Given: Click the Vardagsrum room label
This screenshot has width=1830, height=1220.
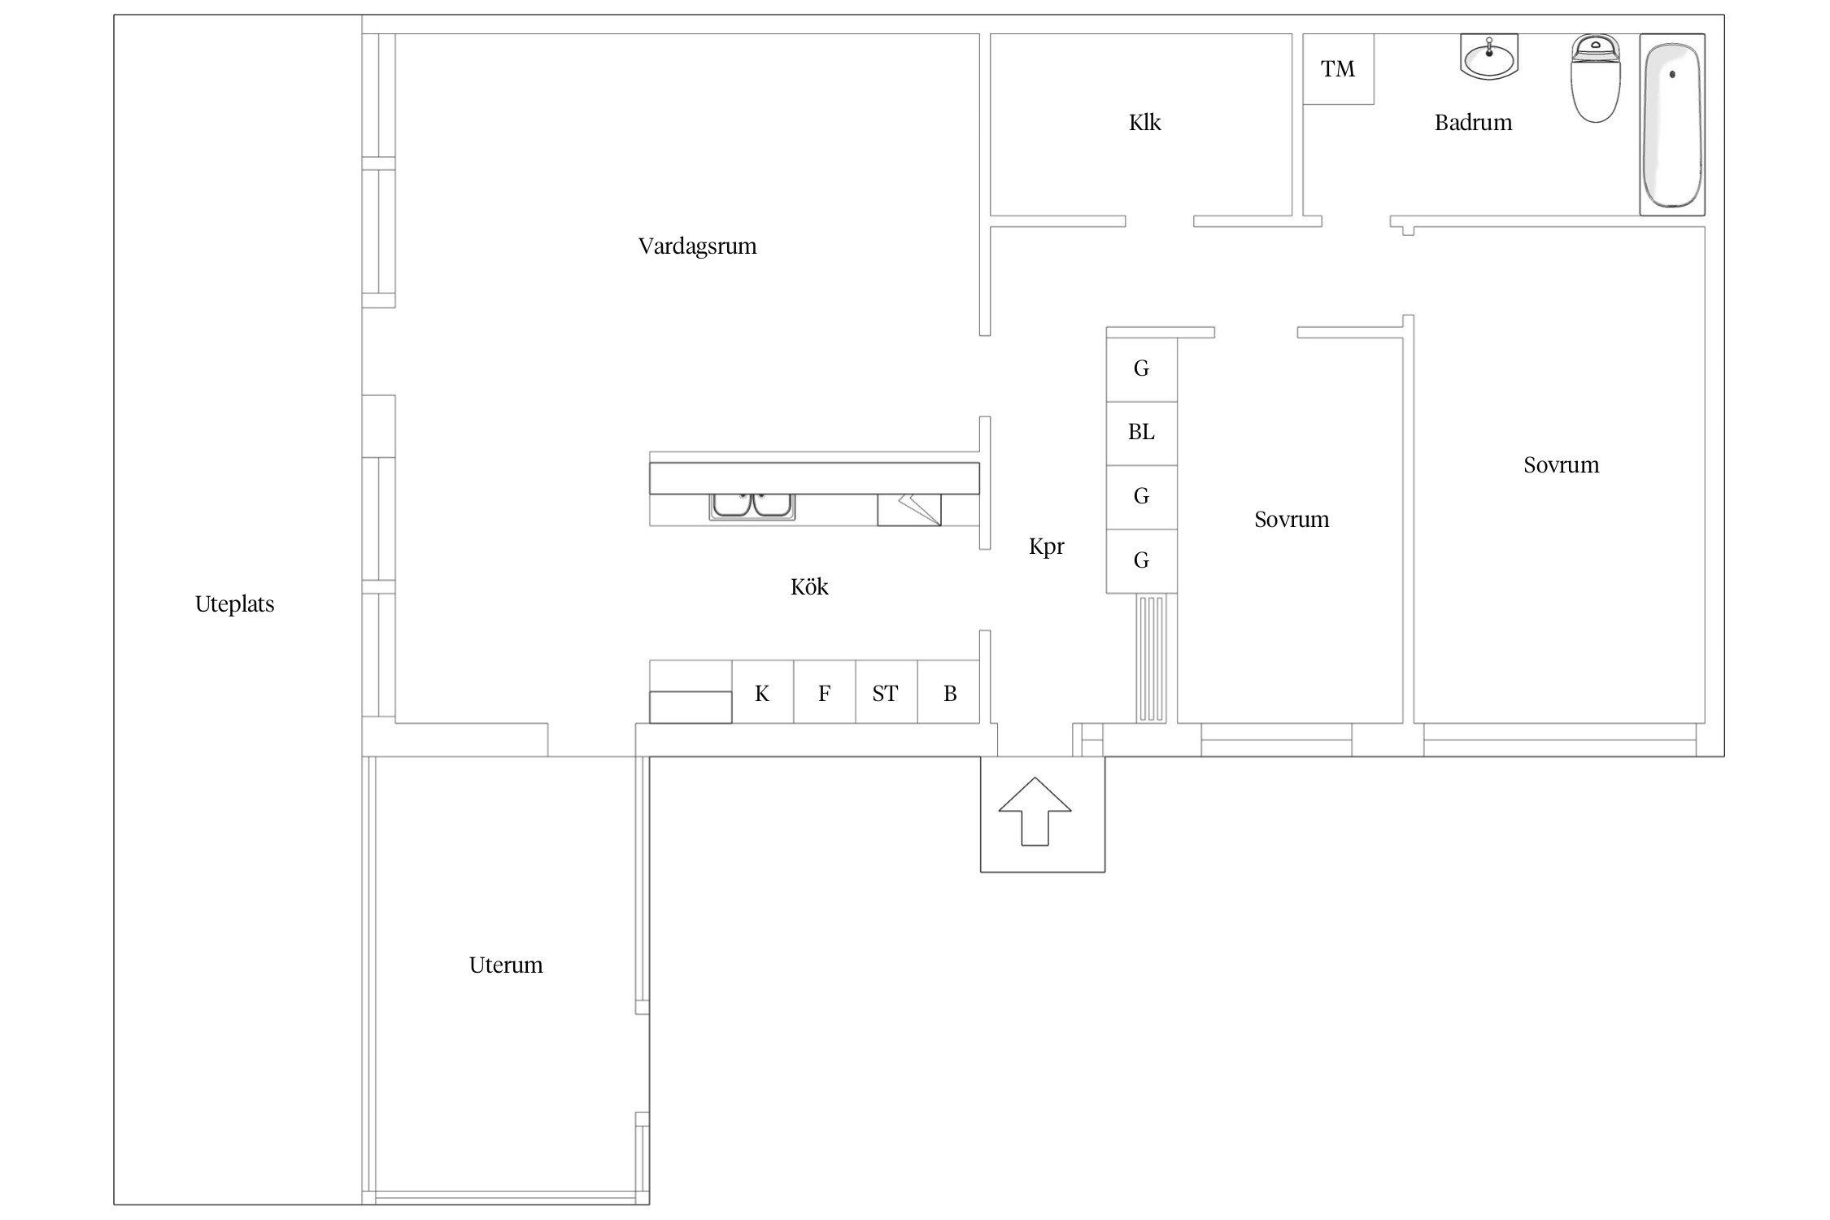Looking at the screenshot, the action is click(x=697, y=246).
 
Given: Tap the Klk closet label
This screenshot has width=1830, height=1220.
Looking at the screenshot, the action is click(x=1144, y=123).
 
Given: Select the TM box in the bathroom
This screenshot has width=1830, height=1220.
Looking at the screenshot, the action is click(x=1338, y=69).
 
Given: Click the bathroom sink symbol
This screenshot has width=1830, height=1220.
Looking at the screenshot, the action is click(x=1489, y=57).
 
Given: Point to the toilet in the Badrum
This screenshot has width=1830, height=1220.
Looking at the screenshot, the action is click(x=1595, y=78).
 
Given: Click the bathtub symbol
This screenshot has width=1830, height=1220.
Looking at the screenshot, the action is click(x=1671, y=124).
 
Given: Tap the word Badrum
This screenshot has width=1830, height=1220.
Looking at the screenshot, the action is click(x=1473, y=123).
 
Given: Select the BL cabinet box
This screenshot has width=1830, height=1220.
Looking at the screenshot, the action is click(x=1141, y=433).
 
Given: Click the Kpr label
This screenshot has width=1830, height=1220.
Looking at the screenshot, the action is click(x=1046, y=547).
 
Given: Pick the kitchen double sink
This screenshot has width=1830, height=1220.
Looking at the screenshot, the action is click(x=752, y=506).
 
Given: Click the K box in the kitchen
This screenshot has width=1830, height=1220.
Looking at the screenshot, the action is click(x=762, y=692).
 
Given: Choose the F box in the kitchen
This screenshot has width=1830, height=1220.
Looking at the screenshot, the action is click(x=824, y=692).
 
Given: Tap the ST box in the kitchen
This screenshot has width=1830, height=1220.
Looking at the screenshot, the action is click(x=886, y=692).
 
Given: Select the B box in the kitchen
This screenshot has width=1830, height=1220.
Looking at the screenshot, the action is click(x=949, y=692).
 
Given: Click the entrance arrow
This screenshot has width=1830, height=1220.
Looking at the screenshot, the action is click(x=1035, y=811).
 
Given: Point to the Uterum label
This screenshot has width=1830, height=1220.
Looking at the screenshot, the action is click(x=506, y=965).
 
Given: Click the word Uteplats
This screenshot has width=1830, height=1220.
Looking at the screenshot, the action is click(x=234, y=604).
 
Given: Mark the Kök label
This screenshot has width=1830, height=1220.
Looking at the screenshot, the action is click(x=809, y=586).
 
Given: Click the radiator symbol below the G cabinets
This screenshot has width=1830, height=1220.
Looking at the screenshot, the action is click(x=1151, y=657).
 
